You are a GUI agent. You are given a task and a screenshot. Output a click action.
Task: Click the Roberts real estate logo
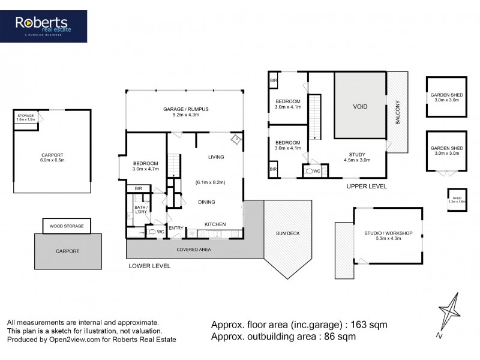click(x=50, y=26)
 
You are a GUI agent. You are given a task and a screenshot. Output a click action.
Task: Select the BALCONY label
click(x=397, y=112)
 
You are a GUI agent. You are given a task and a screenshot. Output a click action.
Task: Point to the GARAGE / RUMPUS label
click(x=185, y=109)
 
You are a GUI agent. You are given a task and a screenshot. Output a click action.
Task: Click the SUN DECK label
click(x=287, y=233)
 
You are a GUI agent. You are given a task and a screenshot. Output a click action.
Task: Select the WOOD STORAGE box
click(x=67, y=226)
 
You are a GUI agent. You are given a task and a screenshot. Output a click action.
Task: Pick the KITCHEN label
click(x=215, y=224)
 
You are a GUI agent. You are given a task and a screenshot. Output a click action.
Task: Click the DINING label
click(x=207, y=202)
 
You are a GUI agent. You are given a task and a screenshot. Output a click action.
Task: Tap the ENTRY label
click(x=176, y=228)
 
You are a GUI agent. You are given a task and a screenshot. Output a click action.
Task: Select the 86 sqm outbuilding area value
click(x=340, y=337)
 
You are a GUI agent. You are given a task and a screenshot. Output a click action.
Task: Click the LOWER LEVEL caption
click(x=149, y=265)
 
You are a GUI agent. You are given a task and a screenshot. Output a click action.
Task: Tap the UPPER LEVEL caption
click(x=367, y=187)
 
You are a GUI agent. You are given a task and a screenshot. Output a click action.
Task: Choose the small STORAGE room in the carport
click(x=25, y=117)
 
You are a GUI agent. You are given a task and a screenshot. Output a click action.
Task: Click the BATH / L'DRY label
click(x=140, y=209)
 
